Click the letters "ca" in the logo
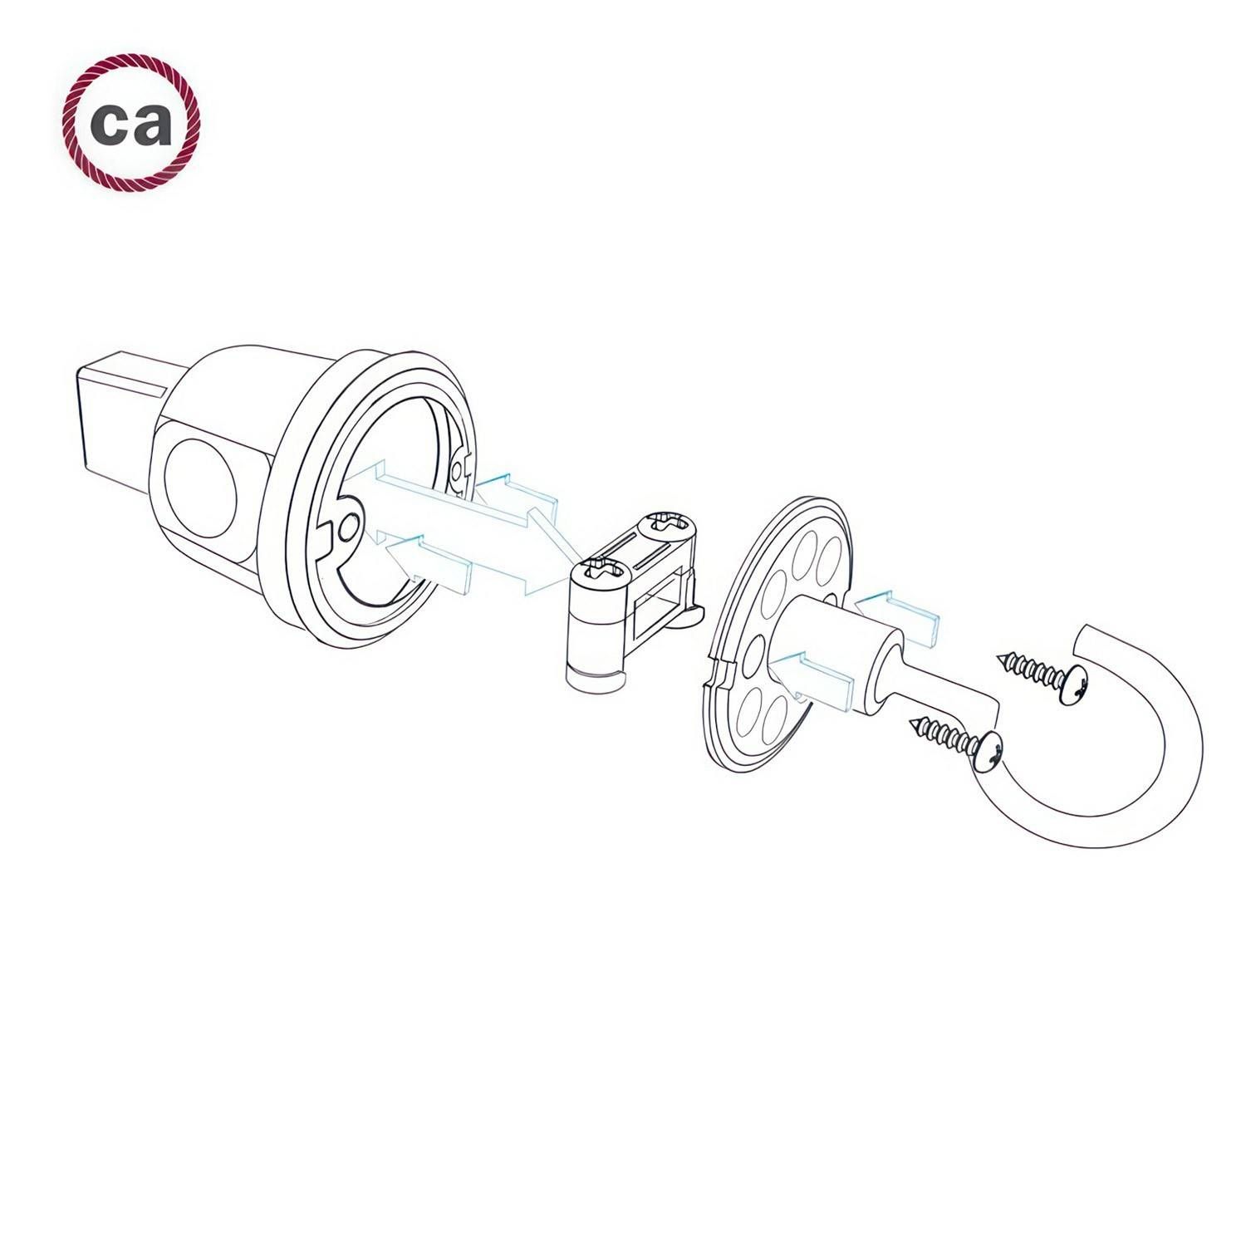click(x=131, y=124)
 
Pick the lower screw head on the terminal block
click(x=598, y=570)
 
